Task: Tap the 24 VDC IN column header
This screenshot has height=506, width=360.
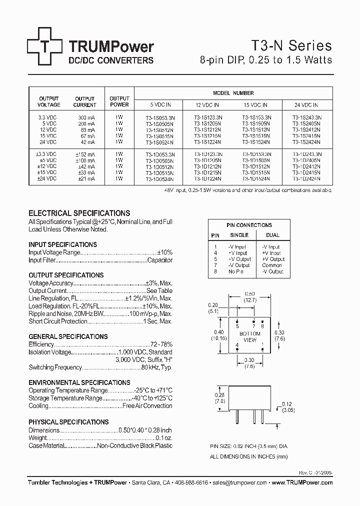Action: [x=307, y=105]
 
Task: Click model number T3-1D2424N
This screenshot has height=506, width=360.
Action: [x=307, y=178]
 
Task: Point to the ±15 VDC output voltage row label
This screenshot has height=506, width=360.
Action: [x=47, y=172]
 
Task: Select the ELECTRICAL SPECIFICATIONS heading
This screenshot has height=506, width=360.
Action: [x=79, y=213]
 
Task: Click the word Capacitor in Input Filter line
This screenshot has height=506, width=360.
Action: [x=160, y=260]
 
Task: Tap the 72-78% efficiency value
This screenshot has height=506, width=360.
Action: [x=161, y=344]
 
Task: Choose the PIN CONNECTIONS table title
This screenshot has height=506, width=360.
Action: [x=249, y=225]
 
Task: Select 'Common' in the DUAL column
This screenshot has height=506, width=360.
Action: [x=272, y=265]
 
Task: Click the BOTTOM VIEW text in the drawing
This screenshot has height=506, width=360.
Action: [x=249, y=336]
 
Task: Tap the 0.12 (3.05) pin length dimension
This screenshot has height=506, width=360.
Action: [x=286, y=407]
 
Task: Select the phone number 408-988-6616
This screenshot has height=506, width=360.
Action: [x=191, y=483]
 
